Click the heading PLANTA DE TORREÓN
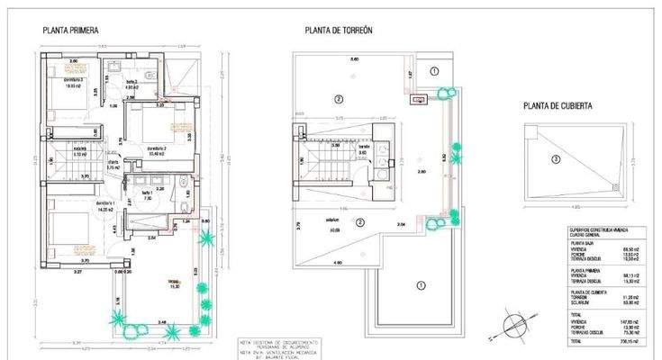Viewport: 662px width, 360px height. tap(338, 30)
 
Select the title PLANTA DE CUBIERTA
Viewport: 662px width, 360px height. tap(558, 105)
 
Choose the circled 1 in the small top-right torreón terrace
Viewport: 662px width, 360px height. tap(434, 71)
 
